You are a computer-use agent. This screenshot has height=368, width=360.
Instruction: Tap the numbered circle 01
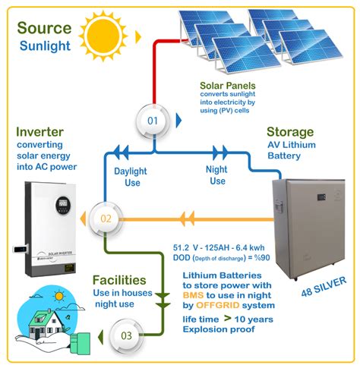point(154,121)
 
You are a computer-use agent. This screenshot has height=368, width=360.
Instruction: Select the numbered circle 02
point(106,219)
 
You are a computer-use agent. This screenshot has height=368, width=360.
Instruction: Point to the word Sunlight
point(46,47)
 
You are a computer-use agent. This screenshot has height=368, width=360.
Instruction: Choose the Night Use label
point(218,175)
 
